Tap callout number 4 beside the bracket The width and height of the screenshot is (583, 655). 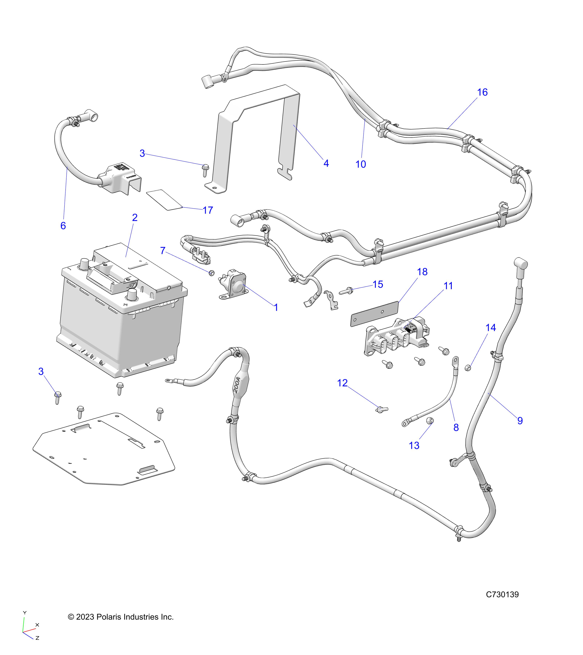326,163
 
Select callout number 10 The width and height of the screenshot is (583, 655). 361,164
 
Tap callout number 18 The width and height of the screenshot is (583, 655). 422,272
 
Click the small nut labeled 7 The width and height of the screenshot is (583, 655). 212,273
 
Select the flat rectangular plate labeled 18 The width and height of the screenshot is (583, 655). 374,314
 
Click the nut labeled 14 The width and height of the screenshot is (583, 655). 468,368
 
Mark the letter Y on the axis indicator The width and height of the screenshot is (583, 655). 25,613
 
